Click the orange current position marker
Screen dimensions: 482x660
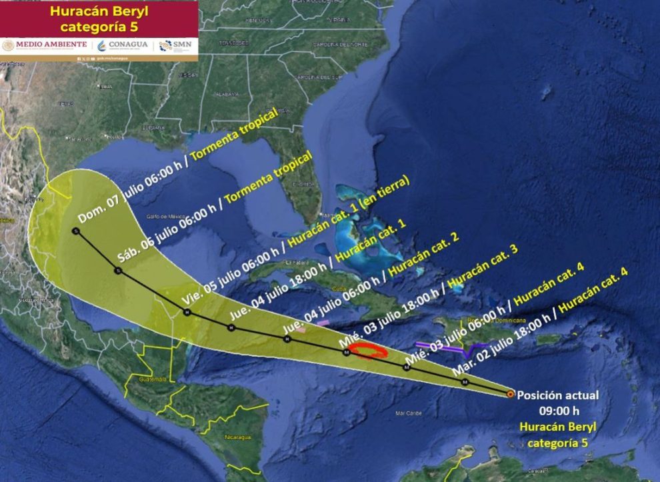[510, 394]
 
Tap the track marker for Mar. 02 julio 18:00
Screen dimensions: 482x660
[465, 382]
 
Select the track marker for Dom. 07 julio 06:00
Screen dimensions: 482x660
[75, 231]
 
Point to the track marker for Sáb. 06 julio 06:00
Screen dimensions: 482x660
[118, 271]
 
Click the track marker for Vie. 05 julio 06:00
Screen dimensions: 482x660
[187, 311]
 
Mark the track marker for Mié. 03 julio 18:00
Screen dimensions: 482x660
[346, 352]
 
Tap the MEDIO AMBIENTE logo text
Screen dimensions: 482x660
[45, 45]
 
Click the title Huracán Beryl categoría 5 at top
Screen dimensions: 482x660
[99, 19]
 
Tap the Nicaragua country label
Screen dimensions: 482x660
[238, 437]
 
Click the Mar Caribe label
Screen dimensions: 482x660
[409, 413]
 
